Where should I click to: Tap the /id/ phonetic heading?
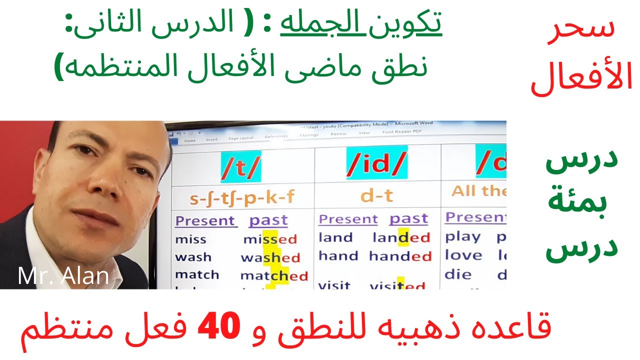click(x=377, y=163)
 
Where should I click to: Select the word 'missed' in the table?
click(x=270, y=239)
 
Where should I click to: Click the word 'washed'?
click(x=270, y=258)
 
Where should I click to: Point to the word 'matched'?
click(x=274, y=275)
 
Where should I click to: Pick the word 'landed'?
click(x=401, y=238)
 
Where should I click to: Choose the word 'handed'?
click(x=400, y=256)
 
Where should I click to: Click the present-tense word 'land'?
click(x=335, y=237)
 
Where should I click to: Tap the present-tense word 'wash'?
click(x=193, y=257)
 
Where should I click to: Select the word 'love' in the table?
click(x=463, y=255)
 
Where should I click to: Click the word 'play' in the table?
click(x=462, y=237)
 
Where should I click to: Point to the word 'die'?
click(x=458, y=274)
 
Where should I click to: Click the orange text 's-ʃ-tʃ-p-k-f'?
click(x=242, y=198)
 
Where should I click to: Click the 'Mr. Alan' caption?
click(x=63, y=276)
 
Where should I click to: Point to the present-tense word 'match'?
click(x=197, y=275)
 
